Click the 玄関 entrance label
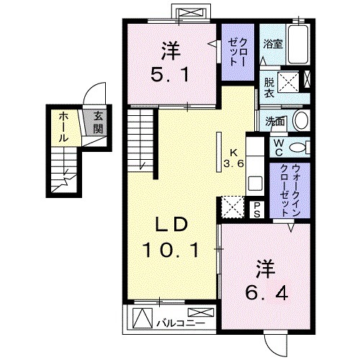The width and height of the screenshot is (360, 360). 98,122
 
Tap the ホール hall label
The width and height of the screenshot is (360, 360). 63,127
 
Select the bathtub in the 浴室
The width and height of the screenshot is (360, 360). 298,45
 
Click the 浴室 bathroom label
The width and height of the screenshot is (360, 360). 273,44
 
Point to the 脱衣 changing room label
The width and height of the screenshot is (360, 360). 269,88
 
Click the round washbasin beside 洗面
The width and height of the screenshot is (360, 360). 302,120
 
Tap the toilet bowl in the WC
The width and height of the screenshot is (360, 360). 297,147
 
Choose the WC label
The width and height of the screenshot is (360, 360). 278,148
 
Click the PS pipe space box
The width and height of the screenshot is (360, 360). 257,210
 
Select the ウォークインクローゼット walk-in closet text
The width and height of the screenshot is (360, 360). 290,190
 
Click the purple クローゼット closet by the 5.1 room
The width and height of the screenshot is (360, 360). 238,52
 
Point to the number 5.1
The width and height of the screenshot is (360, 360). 170,74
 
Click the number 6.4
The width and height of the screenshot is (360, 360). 266,293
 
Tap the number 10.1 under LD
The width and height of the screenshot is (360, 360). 171,250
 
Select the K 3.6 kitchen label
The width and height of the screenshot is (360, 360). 234,158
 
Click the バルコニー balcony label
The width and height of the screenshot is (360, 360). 181,323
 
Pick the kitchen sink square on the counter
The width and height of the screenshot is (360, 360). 255,183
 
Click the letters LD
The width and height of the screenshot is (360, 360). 171,225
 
